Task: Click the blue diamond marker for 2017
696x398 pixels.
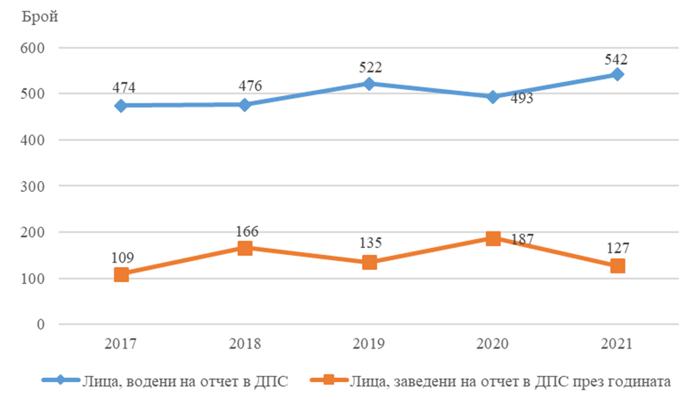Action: coord(121,106)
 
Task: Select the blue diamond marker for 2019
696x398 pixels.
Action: coord(369,84)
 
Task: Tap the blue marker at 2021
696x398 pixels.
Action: coord(618,75)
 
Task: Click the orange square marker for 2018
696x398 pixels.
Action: coord(245,248)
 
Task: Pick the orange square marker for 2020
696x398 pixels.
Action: coord(493,238)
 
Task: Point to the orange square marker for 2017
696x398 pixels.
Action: coord(121,274)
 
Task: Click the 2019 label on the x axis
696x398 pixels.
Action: coord(369,343)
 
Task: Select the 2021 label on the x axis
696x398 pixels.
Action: coord(618,343)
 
